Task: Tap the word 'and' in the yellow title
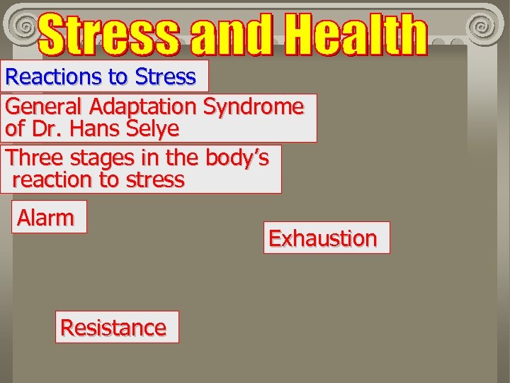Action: (x=232, y=35)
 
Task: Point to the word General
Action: (x=45, y=107)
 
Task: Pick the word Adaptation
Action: (x=143, y=107)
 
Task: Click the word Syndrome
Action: (x=253, y=107)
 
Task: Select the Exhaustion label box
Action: (x=323, y=238)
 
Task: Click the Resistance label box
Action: (x=113, y=328)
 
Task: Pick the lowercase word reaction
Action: (x=52, y=180)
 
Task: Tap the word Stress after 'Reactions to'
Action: (x=165, y=77)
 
